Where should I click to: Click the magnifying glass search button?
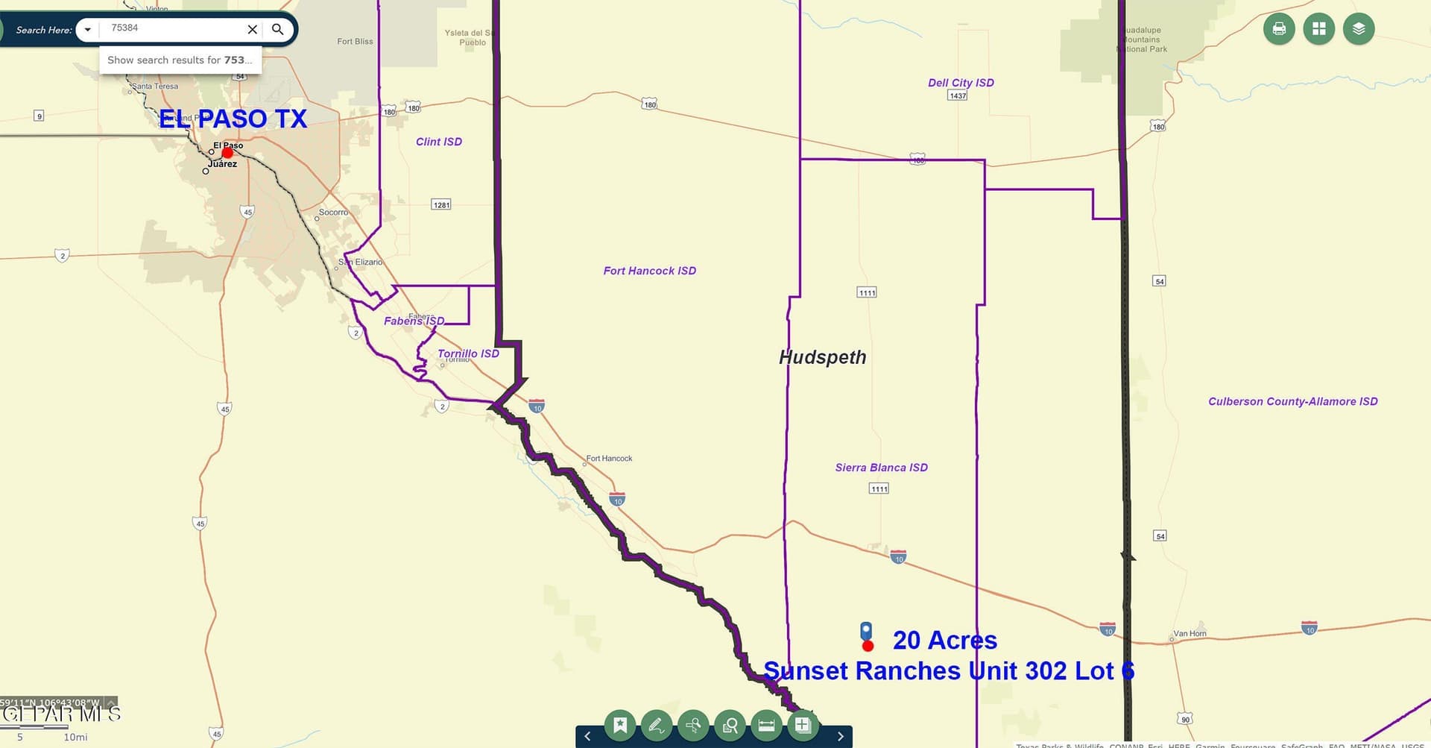pyautogui.click(x=277, y=29)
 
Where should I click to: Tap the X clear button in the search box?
pyautogui.click(x=253, y=29)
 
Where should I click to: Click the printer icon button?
pyautogui.click(x=1279, y=29)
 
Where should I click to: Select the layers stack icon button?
pyautogui.click(x=1359, y=29)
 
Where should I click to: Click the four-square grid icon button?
pyautogui.click(x=1318, y=29)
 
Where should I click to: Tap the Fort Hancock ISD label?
pyautogui.click(x=649, y=271)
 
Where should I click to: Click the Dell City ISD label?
pyautogui.click(x=961, y=83)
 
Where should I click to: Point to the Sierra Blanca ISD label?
pyautogui.click(x=881, y=468)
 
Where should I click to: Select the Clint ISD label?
pyautogui.click(x=439, y=142)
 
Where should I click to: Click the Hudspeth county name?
pyautogui.click(x=822, y=357)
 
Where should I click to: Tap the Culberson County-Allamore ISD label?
pyautogui.click(x=1292, y=401)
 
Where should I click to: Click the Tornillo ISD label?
pyautogui.click(x=468, y=353)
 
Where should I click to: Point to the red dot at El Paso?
pyautogui.click(x=227, y=153)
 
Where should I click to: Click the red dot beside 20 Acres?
pyautogui.click(x=868, y=645)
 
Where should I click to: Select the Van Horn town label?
pyautogui.click(x=1190, y=634)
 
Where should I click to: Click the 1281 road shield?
pyautogui.click(x=441, y=205)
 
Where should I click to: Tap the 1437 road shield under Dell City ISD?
pyautogui.click(x=958, y=95)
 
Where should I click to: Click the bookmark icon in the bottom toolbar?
pyautogui.click(x=620, y=724)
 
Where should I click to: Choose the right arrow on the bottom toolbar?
pyautogui.click(x=840, y=736)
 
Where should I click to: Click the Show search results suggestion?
pyautogui.click(x=180, y=60)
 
